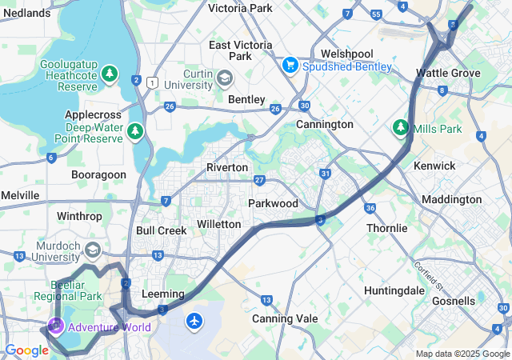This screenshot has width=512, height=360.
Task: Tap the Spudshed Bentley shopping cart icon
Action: (x=290, y=65)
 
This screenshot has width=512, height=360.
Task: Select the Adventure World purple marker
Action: (x=55, y=326)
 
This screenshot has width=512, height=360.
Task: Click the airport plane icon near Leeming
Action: (x=194, y=321)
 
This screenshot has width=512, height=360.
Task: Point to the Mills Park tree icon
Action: (x=400, y=127)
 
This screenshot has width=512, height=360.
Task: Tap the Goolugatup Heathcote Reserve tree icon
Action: (x=110, y=74)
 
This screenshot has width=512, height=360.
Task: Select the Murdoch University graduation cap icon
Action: (x=92, y=251)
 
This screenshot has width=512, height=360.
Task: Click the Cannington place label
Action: (x=324, y=125)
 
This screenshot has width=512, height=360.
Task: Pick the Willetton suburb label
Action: (x=218, y=224)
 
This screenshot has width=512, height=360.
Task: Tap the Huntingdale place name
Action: (x=394, y=290)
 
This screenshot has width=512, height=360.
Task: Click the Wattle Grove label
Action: (x=448, y=73)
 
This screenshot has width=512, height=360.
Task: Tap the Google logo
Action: (x=26, y=350)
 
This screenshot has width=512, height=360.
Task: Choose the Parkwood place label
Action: (x=273, y=203)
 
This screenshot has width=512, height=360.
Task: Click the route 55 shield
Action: (x=376, y=14)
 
